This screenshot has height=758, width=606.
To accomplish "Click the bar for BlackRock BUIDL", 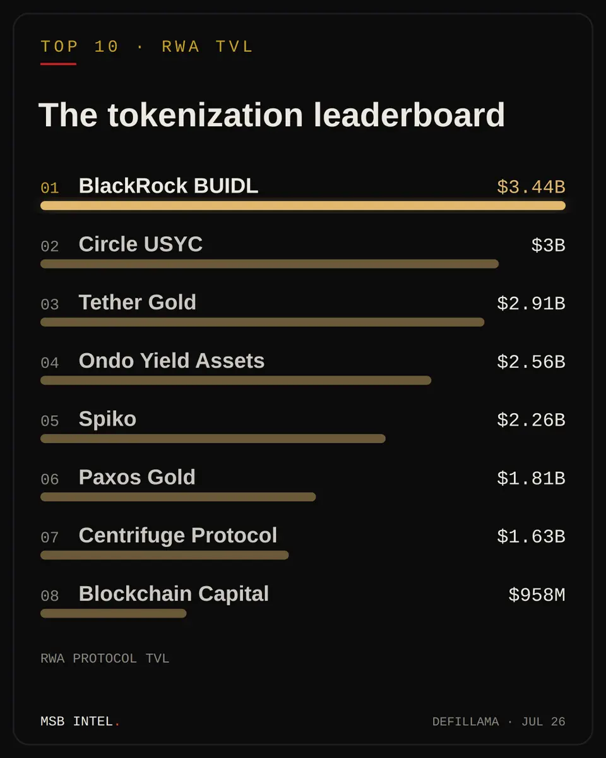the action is [x=303, y=205].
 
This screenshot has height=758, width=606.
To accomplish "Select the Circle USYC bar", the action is [x=270, y=264].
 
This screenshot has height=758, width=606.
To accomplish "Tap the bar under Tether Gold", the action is [x=263, y=322].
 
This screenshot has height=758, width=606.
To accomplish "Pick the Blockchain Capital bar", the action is [x=114, y=613].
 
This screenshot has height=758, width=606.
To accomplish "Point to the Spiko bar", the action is [x=213, y=438].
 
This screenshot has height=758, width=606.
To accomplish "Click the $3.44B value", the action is [x=531, y=187].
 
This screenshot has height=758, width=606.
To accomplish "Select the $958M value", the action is [x=537, y=594].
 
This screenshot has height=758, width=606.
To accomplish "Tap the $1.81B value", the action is [x=531, y=478].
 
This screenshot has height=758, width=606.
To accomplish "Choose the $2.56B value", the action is [x=531, y=361].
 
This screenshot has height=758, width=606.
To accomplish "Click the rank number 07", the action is [x=50, y=538].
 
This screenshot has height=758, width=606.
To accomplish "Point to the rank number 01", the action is [x=50, y=188].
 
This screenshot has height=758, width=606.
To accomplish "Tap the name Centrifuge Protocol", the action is [x=178, y=536].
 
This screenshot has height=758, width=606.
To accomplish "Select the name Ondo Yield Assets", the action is [x=172, y=361].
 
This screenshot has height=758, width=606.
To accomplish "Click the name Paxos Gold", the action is [x=137, y=478].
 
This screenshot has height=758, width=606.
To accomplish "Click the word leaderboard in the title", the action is [x=409, y=115].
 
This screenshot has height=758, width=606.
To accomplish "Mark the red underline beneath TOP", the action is [x=59, y=64].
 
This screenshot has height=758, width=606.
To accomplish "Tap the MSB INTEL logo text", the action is [x=80, y=721].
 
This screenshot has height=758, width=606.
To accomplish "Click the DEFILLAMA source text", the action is [x=465, y=722].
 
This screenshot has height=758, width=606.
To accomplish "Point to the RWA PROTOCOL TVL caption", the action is [x=105, y=658].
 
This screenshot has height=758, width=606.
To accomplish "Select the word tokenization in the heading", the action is [x=205, y=115].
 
